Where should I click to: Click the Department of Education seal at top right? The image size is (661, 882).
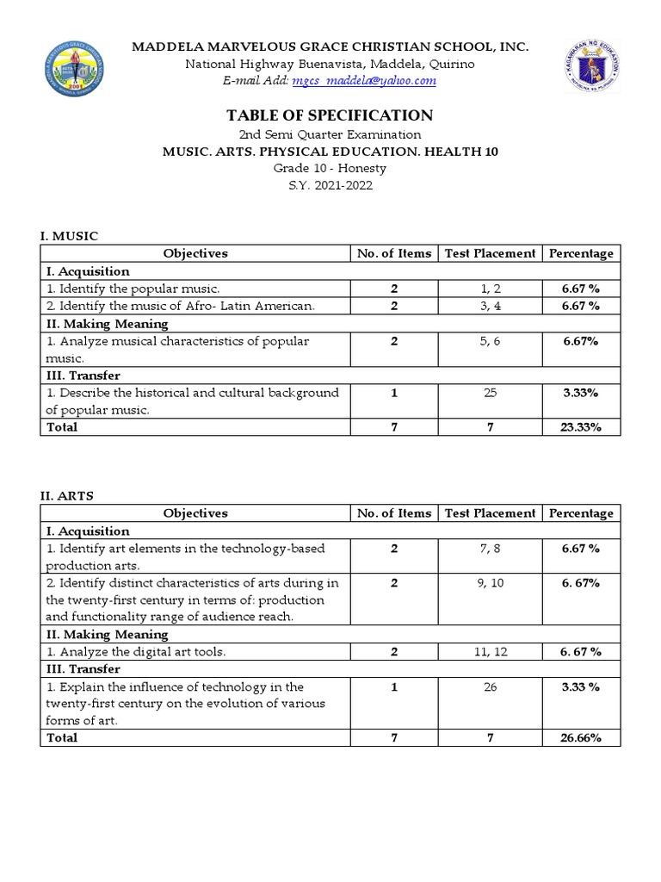tap(592, 66)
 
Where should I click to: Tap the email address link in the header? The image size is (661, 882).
tap(364, 81)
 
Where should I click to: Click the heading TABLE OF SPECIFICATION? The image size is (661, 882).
tap(330, 115)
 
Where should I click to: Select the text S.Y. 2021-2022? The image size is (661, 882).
tap(330, 185)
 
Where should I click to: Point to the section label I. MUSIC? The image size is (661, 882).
tap(69, 235)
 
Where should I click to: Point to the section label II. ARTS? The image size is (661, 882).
tap(67, 495)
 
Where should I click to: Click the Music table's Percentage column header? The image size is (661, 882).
tap(581, 253)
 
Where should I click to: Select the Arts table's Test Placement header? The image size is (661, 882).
tap(490, 513)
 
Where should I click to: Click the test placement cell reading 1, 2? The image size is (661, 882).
tap(490, 289)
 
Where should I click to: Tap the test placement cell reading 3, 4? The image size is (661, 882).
tap(490, 306)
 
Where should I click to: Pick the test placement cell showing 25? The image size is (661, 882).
tap(490, 393)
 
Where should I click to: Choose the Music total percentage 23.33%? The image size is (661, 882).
tap(581, 427)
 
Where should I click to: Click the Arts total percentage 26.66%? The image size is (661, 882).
tap(581, 738)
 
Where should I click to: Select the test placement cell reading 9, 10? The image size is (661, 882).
tap(490, 583)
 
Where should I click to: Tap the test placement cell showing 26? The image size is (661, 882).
tap(490, 687)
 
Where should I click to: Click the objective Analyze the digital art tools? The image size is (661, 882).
tap(136, 652)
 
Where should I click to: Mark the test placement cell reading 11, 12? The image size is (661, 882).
tap(490, 652)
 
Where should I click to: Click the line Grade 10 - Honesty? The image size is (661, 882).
tap(330, 168)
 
